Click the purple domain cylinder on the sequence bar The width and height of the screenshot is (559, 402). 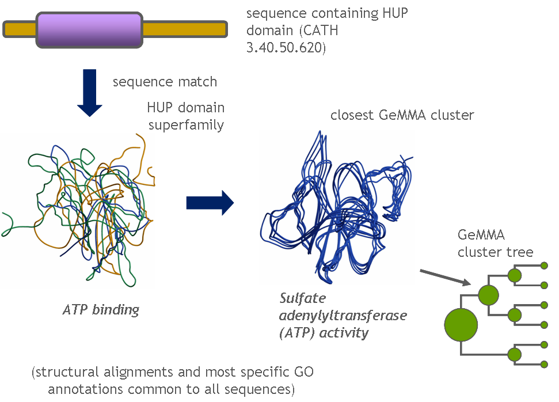tap(89, 29)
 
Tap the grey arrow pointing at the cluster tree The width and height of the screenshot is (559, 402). tap(444, 276)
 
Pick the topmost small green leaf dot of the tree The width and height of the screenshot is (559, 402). tap(544, 266)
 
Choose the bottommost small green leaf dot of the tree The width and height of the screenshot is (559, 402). tap(544, 364)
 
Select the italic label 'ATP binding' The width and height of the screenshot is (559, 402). tap(101, 310)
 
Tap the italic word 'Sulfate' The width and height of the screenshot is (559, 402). tap(302, 299)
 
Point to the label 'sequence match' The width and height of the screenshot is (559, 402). tap(165, 82)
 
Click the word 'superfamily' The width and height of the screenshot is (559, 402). tap(186, 124)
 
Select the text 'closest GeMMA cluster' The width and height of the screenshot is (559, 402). tap(402, 115)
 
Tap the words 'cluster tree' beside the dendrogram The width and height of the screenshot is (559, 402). tap(495, 252)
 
